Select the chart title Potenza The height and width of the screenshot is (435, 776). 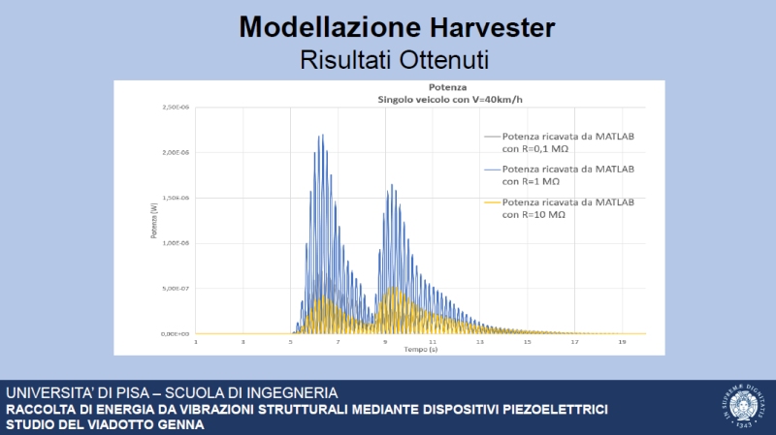(x=402, y=87)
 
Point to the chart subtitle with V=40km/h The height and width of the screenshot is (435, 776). (x=402, y=99)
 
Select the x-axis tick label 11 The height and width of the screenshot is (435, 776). (x=433, y=341)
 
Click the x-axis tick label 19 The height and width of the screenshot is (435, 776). (x=622, y=341)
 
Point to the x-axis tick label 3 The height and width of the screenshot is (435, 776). (x=243, y=341)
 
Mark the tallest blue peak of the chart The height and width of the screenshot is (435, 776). (x=320, y=137)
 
